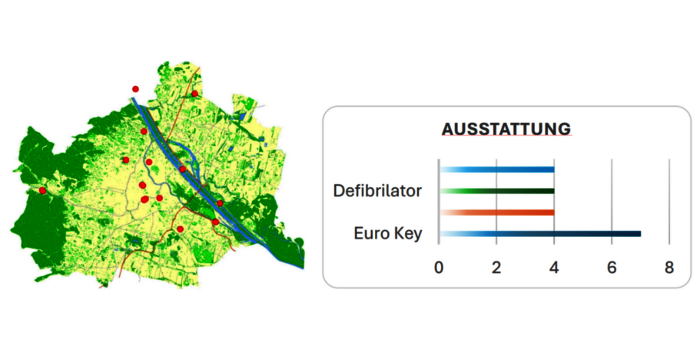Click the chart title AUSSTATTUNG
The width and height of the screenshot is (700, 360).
point(506,130)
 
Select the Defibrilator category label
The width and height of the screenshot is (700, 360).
point(378,190)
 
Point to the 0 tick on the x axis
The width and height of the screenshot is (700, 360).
point(438,267)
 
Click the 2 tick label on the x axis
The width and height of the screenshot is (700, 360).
point(496,267)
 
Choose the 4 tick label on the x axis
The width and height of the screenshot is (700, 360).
point(554,267)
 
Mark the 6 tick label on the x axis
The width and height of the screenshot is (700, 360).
point(611,267)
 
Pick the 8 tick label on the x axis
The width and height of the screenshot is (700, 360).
point(669,267)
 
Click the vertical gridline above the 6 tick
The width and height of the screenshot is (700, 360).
point(612,200)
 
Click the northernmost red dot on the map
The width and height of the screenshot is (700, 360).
point(135,89)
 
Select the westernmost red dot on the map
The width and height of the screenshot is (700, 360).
point(42,189)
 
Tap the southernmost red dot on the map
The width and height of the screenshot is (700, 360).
point(180,229)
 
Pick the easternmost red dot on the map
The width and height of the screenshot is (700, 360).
point(220,203)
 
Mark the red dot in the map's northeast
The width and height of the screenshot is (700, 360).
point(195,94)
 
